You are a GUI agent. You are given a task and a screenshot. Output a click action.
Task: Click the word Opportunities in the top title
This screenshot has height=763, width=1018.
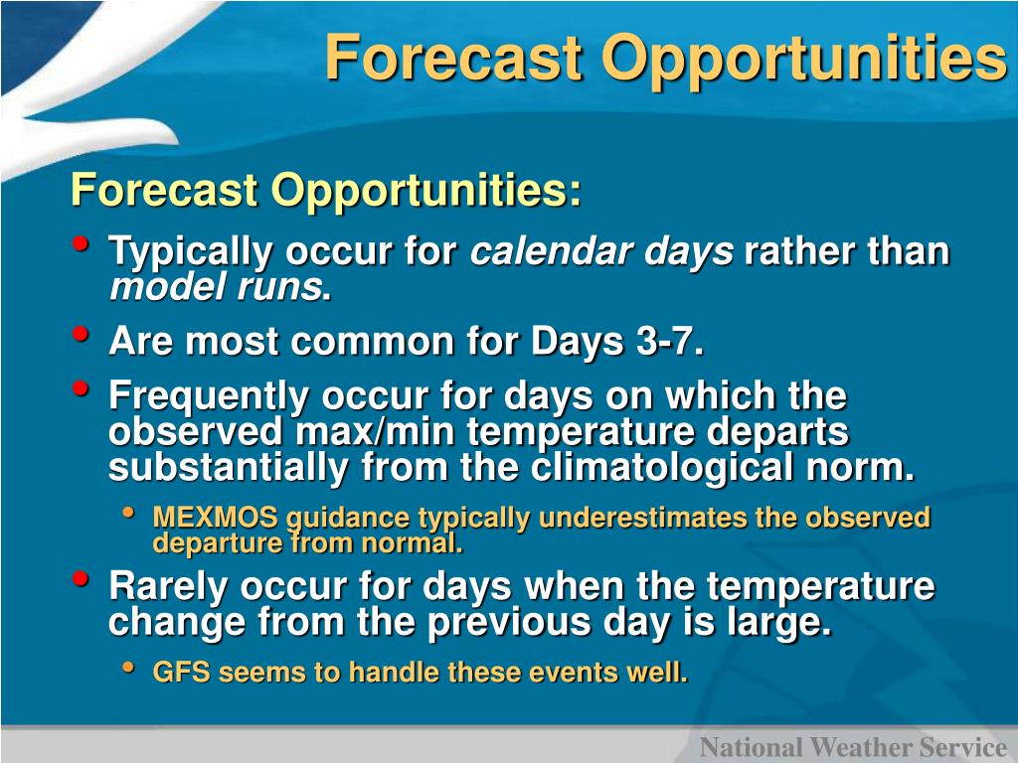tap(804, 60)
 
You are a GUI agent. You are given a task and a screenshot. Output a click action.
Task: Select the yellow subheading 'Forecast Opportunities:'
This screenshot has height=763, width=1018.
tap(326, 190)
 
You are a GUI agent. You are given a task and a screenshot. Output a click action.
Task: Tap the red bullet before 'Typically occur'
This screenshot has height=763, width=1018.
tap(82, 244)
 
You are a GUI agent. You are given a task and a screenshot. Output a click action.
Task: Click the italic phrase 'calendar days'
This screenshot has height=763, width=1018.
tap(601, 251)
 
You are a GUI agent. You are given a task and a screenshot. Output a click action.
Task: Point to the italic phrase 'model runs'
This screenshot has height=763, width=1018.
tap(216, 287)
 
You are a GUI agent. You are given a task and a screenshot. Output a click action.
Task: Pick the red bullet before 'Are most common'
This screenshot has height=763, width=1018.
tap(82, 334)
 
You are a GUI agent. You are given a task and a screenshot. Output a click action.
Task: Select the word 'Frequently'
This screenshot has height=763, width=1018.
tap(209, 397)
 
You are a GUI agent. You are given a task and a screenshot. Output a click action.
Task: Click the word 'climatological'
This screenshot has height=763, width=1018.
tap(662, 469)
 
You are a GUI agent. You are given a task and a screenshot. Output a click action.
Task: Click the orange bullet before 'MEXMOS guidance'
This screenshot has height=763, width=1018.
tap(128, 513)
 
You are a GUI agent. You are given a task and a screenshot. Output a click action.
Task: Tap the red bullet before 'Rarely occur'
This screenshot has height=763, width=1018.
tap(82, 577)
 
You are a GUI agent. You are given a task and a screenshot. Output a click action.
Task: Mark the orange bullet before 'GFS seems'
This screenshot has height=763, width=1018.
tap(128, 667)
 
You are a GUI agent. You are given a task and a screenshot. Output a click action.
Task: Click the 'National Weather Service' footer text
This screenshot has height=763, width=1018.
tap(853, 747)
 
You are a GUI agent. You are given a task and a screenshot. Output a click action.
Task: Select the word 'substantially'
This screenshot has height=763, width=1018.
tap(229, 469)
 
